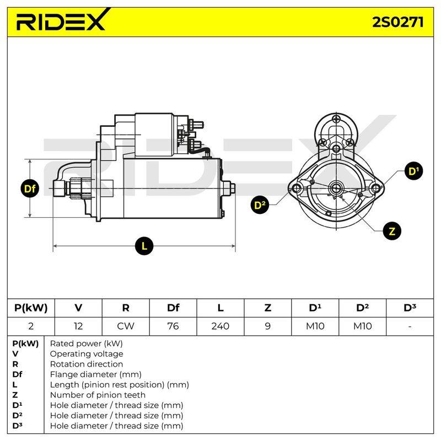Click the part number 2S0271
tap(397, 22)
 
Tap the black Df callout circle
tap(30, 189)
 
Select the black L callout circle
tap(144, 246)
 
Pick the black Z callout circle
tap(392, 231)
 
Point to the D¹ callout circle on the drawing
tap(413, 171)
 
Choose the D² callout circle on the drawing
tap(260, 205)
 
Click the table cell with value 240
tap(220, 326)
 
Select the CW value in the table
tap(126, 326)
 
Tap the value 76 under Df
tap(173, 326)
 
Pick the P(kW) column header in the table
tap(31, 308)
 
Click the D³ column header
tap(410, 308)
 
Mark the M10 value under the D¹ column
tap(315, 326)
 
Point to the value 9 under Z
tap(268, 326)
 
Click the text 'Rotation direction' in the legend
tap(87, 364)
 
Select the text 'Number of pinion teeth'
tap(98, 395)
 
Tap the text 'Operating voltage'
tap(87, 354)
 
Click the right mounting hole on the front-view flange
tap(376, 188)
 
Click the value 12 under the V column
tap(78, 326)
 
